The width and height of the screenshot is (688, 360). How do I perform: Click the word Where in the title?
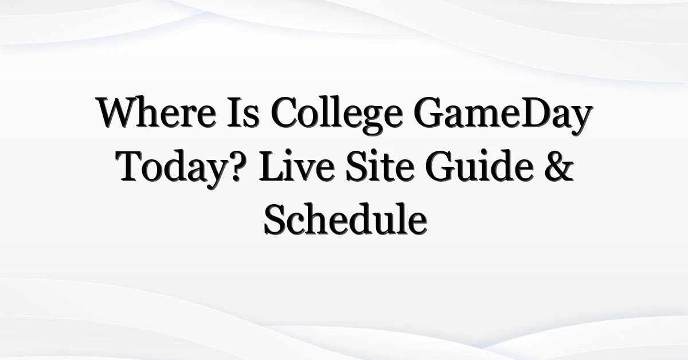(x=157, y=112)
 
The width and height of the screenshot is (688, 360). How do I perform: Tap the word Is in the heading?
(x=243, y=112)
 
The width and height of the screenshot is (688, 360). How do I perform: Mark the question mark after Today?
(x=239, y=166)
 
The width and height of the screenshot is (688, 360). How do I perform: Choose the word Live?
(x=297, y=166)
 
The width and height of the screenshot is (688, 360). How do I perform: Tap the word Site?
(x=379, y=166)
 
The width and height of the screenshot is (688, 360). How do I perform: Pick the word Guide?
(x=480, y=166)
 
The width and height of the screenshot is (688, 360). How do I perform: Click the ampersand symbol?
(x=560, y=166)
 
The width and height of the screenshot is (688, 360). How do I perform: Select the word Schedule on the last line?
(x=346, y=219)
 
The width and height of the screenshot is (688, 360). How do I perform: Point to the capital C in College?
(x=285, y=113)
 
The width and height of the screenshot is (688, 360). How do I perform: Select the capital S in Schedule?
(x=274, y=219)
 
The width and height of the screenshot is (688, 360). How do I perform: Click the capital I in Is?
(x=236, y=113)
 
